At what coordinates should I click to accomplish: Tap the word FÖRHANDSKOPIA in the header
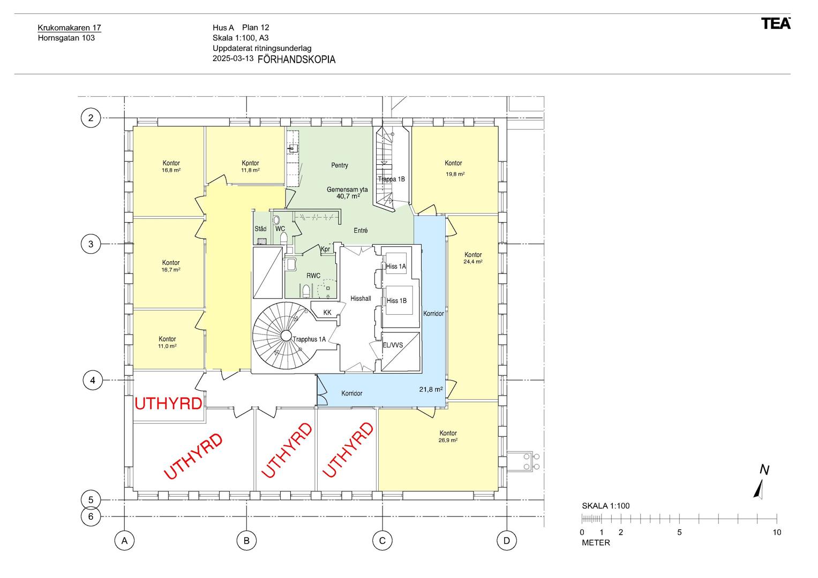click(296, 59)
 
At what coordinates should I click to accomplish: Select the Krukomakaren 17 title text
click(70, 28)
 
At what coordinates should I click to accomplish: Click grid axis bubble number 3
click(91, 244)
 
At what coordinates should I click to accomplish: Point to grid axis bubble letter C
click(382, 541)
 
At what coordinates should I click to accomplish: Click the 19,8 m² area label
click(455, 174)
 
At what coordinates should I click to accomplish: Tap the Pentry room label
click(340, 165)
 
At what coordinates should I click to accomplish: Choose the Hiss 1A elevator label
click(396, 267)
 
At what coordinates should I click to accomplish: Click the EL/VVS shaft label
click(393, 345)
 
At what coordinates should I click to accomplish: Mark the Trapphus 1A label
click(309, 339)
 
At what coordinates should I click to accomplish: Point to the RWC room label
click(313, 276)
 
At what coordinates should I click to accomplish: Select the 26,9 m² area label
click(448, 440)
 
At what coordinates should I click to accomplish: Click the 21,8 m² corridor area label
click(431, 390)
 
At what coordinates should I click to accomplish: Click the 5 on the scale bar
click(679, 532)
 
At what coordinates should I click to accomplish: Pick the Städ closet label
click(260, 229)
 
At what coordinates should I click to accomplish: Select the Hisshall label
click(361, 299)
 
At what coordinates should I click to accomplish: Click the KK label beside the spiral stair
click(327, 313)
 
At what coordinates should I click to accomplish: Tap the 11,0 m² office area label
click(167, 346)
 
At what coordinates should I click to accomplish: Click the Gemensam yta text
click(347, 189)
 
